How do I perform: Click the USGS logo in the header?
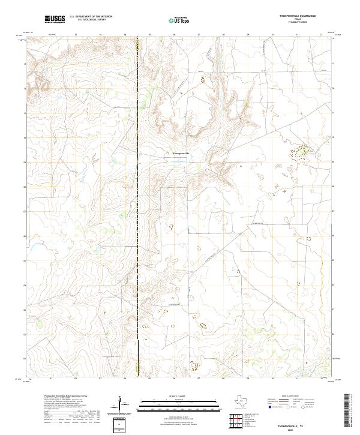click(56, 19)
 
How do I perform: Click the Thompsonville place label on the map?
click(180, 154)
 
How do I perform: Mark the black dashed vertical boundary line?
click(138, 210)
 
